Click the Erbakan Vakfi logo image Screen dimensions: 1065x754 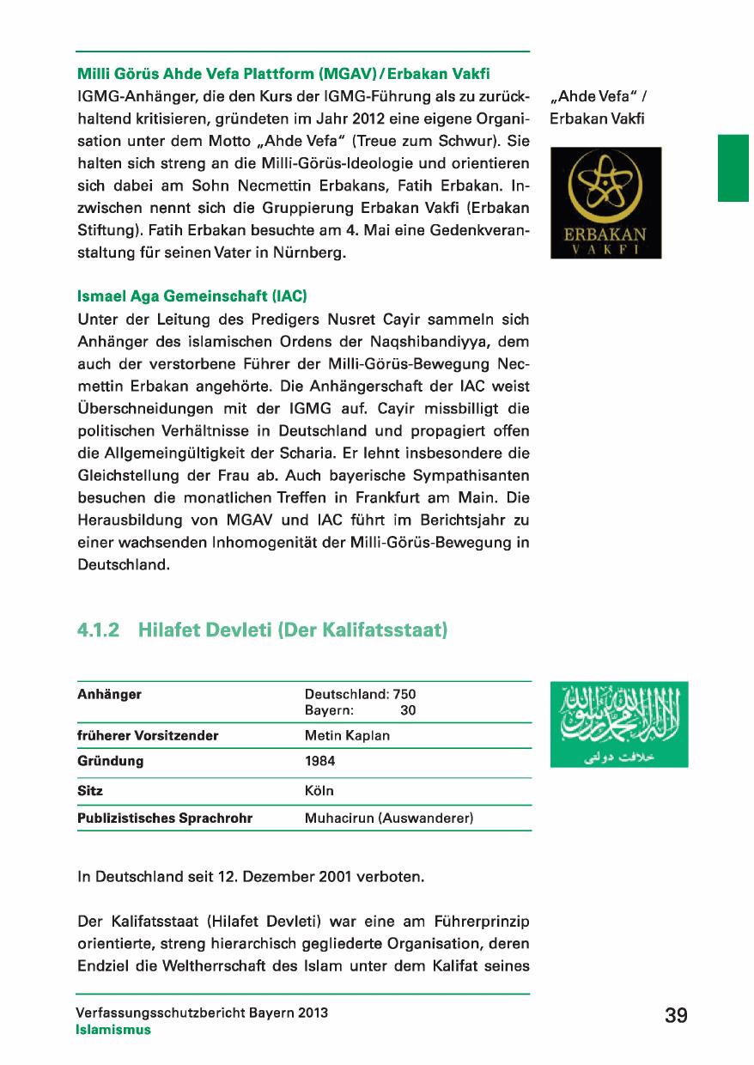coord(605,203)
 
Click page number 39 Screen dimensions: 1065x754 coord(676,1016)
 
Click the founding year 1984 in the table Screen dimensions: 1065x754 coord(320,761)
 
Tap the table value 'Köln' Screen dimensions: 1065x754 coord(319,790)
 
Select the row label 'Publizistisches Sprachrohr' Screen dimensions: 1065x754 coord(165,819)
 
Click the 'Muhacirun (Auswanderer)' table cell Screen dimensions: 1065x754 coord(389,819)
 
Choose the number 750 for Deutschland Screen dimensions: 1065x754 coord(404,694)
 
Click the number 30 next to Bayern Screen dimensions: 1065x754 coord(408,710)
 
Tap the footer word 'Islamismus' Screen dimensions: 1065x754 coord(113,1030)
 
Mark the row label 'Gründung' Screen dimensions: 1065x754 coord(110,761)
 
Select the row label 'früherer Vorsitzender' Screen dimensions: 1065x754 coord(148,736)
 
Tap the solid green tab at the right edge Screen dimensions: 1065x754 coord(734,167)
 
